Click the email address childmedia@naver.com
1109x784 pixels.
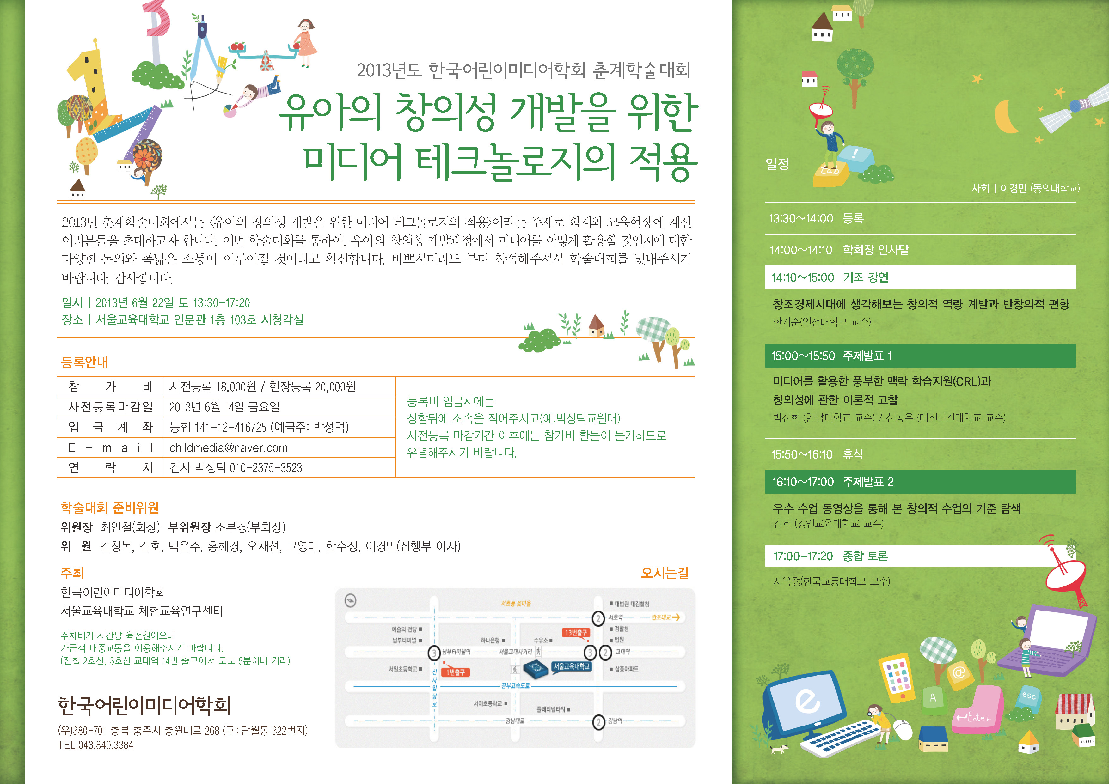pos(229,447)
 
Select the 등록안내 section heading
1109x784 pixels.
pos(84,362)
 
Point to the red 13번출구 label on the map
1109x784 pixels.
pos(576,632)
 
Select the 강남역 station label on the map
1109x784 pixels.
pos(615,721)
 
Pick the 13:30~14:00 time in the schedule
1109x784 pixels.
pos(801,219)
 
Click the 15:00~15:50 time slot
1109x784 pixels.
pos(803,356)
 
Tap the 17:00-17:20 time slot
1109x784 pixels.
pos(803,556)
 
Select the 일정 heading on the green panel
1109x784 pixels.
pos(777,164)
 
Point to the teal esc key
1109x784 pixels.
pos(1029,696)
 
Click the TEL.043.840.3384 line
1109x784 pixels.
pos(96,745)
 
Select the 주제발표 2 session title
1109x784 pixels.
pos(868,482)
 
